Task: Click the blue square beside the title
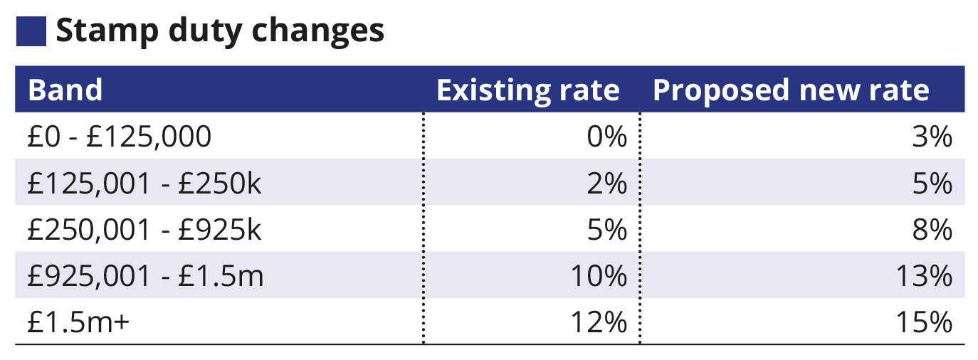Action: tap(31, 31)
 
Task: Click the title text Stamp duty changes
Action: tap(220, 31)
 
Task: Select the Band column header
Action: tap(65, 90)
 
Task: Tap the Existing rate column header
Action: tap(527, 90)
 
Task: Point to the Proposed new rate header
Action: tap(791, 90)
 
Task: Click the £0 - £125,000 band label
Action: tap(120, 137)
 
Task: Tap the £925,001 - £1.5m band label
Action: tap(145, 276)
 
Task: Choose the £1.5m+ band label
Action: tap(78, 322)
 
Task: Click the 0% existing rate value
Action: tap(606, 137)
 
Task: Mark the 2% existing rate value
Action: tap(606, 184)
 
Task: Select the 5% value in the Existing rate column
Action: tap(606, 230)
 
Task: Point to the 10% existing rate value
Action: tap(599, 276)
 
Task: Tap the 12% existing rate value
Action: tap(599, 322)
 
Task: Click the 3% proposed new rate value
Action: tap(932, 137)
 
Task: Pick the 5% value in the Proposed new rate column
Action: tap(932, 184)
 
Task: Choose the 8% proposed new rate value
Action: tap(932, 230)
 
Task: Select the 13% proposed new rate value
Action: tap(924, 276)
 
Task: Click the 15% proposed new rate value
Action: tap(924, 322)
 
